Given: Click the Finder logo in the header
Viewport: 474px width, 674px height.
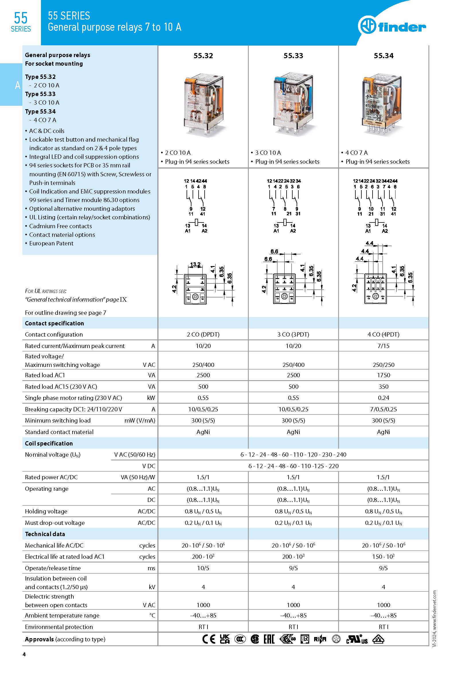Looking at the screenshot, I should click(392, 26).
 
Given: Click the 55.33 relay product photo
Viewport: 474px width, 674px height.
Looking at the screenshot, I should click(293, 103).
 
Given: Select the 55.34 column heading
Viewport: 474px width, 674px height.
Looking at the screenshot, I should click(383, 56).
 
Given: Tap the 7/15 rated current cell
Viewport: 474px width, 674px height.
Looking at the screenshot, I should click(383, 346).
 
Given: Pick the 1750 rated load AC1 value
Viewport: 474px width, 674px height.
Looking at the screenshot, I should click(383, 375).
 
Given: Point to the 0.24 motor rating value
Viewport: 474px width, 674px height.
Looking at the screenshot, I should click(383, 398).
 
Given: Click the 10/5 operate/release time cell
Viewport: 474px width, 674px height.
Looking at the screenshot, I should click(203, 568).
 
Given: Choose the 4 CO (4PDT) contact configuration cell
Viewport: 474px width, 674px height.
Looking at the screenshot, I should click(383, 334).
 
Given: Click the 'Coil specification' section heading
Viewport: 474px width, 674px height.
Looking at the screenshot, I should click(49, 443).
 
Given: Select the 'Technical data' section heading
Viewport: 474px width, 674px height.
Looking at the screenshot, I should click(45, 534).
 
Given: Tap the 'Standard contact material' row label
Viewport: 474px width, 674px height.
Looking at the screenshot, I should click(59, 432).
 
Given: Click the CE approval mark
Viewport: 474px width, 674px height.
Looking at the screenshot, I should click(209, 639).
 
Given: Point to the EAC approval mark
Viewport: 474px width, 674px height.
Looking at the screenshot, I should click(269, 639).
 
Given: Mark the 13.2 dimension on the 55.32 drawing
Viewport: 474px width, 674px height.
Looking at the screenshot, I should click(195, 265).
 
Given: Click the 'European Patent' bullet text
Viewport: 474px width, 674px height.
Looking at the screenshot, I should click(51, 243).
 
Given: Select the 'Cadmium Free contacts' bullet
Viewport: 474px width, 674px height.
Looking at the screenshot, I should click(60, 226).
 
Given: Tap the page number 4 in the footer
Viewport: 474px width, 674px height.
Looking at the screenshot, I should click(24, 654).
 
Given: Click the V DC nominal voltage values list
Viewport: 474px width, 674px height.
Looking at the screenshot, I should click(293, 466).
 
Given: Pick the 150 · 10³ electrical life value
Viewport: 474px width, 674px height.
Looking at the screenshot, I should click(383, 556).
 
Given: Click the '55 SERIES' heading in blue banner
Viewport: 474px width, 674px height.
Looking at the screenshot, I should click(69, 15).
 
